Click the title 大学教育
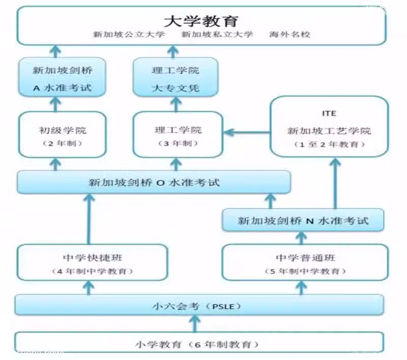click(201, 21)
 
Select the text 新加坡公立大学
click(129, 34)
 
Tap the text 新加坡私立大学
click(217, 34)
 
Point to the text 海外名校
click(289, 34)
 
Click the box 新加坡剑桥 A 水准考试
click(62, 77)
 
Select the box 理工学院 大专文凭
click(176, 77)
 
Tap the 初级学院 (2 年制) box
click(62, 135)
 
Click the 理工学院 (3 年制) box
click(178, 135)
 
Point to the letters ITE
click(329, 113)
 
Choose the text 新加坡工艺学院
click(329, 131)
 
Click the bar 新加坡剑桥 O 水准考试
click(154, 183)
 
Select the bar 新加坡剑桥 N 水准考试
click(303, 220)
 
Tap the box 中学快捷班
click(92, 262)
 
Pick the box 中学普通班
click(305, 262)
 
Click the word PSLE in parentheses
click(223, 307)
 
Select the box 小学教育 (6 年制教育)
click(199, 342)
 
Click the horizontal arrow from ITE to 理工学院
click(247, 133)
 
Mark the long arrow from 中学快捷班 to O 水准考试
click(89, 220)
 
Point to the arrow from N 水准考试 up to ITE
click(335, 184)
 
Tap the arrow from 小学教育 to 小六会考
click(195, 324)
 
